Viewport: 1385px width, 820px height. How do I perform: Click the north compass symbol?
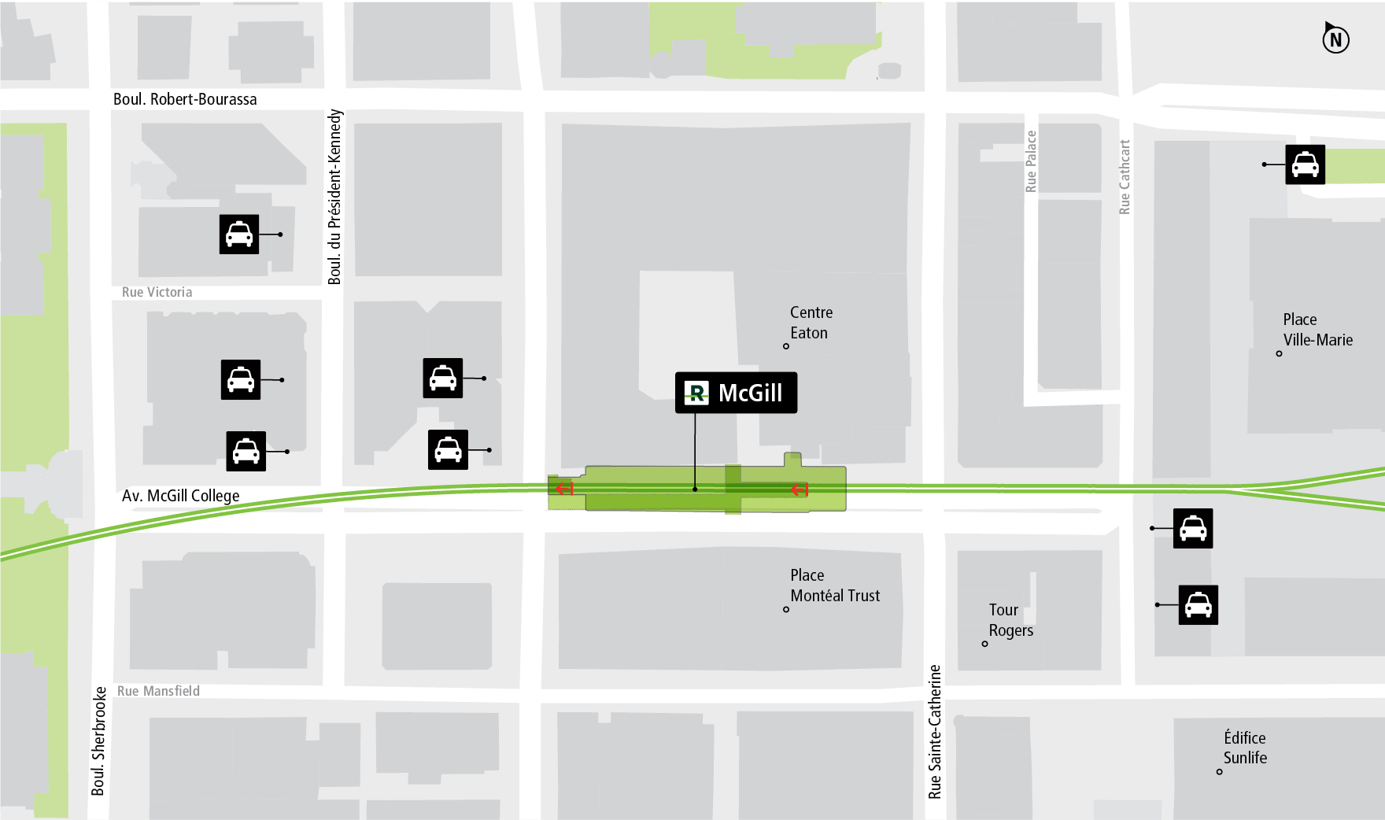coord(1335,39)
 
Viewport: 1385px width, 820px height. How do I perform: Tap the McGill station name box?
coord(736,393)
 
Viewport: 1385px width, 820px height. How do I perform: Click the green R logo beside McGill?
coord(696,393)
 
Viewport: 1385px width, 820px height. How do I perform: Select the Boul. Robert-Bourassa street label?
coord(185,99)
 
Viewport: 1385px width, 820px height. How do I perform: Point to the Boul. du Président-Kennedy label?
coord(335,197)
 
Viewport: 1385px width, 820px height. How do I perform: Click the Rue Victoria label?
coord(157,292)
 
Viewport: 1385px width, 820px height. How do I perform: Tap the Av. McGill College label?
coord(180,496)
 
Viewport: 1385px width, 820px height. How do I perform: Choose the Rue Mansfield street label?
coord(158,691)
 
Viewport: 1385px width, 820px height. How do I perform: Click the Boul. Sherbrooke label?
coord(98,741)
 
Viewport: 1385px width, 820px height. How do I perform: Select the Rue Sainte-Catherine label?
coord(935,732)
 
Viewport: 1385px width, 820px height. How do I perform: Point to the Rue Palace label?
coord(1031,161)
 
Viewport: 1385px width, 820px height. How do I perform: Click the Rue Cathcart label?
coord(1125,177)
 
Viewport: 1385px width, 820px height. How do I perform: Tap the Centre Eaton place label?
coord(811,323)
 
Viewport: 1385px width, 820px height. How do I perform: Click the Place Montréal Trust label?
coord(834,585)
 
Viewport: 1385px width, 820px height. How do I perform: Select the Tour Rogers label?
coord(1010,620)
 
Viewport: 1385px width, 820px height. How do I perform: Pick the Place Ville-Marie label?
coord(1317,330)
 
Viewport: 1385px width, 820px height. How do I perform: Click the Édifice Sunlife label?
coord(1245,748)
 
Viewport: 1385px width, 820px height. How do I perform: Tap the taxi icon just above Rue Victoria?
coord(239,235)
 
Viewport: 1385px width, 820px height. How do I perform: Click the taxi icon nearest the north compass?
coord(1305,164)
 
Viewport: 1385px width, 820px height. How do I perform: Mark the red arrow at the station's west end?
coord(564,489)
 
